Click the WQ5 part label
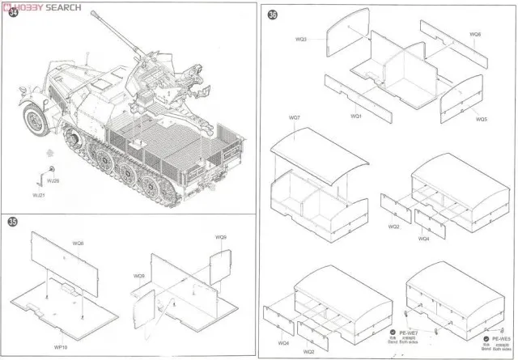pos(480,119)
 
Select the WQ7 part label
pos(294,119)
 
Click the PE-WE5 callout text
pos(495,340)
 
